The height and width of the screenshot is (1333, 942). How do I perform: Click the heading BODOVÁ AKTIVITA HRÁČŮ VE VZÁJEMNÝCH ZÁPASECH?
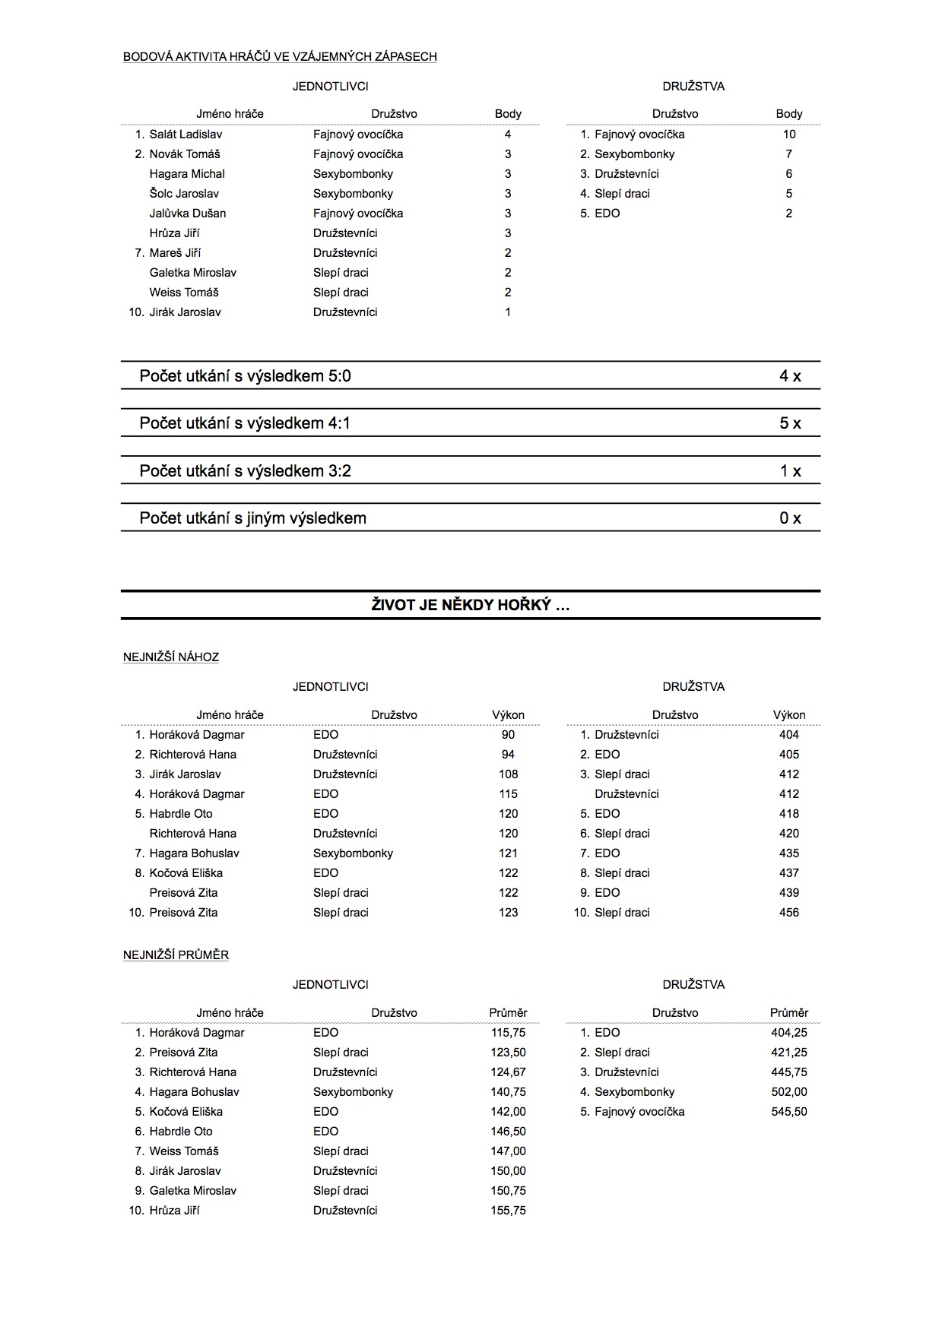click(x=280, y=56)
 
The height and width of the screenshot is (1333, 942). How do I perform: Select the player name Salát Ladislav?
click(x=186, y=135)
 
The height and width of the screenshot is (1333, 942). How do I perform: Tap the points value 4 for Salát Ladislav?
click(x=508, y=135)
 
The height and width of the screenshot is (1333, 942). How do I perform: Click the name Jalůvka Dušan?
click(x=187, y=214)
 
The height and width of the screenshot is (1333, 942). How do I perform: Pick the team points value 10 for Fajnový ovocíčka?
click(x=789, y=135)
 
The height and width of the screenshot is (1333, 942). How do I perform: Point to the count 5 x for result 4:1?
click(x=790, y=423)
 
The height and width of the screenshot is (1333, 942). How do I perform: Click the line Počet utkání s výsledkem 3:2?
click(x=245, y=471)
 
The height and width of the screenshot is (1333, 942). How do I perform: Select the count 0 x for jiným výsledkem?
click(x=790, y=518)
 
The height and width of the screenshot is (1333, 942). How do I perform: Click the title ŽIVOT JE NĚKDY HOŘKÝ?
click(x=471, y=605)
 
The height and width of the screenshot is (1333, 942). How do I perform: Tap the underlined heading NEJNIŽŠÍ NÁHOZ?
click(x=171, y=657)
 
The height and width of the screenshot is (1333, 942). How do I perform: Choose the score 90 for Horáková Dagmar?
click(x=508, y=735)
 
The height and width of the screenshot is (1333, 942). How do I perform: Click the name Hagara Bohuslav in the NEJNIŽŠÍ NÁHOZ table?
click(x=194, y=853)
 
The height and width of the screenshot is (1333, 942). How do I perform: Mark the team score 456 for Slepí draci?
click(x=789, y=913)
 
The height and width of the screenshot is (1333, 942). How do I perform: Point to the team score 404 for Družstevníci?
click(x=789, y=735)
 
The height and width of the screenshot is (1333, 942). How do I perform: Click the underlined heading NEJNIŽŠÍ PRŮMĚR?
click(x=176, y=955)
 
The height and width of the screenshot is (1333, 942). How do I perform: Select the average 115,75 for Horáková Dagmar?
click(x=508, y=1033)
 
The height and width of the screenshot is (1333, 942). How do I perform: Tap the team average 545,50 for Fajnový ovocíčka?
click(x=789, y=1112)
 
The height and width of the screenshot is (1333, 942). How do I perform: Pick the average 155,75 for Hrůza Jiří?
click(x=508, y=1211)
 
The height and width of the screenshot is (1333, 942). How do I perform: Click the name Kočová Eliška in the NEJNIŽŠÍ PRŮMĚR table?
click(x=186, y=1112)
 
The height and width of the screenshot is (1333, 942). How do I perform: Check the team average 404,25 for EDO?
click(x=789, y=1033)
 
